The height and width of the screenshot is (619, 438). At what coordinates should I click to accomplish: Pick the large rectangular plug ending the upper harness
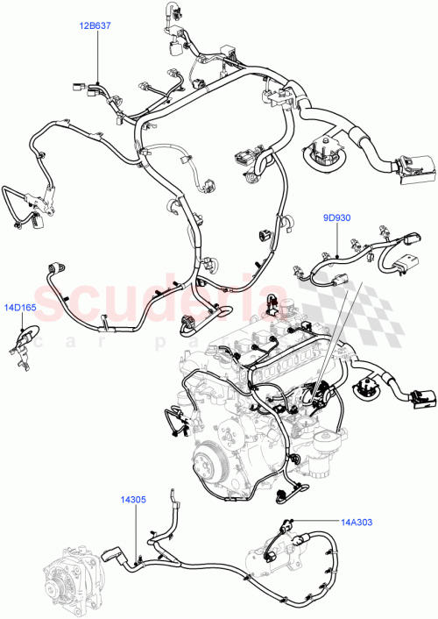click(413, 168)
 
